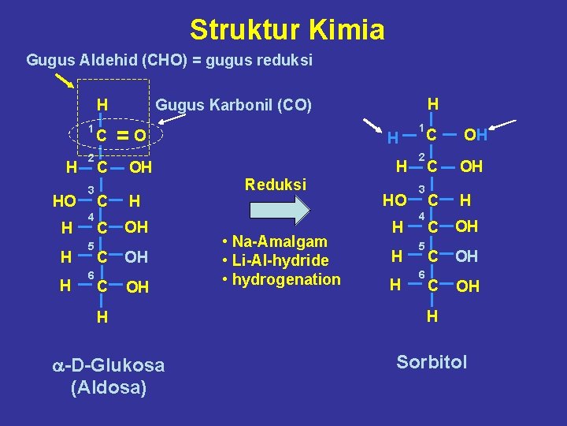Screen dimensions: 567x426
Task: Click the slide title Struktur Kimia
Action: coord(287,30)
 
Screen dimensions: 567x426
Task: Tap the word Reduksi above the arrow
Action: coord(275,184)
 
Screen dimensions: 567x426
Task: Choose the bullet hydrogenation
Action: coord(285,279)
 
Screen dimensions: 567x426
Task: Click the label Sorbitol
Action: coord(432,362)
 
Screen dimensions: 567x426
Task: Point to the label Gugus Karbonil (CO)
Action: coord(234,105)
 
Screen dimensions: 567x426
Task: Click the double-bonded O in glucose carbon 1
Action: coord(139,136)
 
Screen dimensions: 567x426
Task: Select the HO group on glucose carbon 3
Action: coord(64,202)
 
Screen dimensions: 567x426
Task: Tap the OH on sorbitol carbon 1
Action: coord(476,136)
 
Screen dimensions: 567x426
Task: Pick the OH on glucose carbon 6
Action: coord(137,287)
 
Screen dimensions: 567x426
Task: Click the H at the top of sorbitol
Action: coord(432,104)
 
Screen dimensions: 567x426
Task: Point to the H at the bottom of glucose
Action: coord(102,317)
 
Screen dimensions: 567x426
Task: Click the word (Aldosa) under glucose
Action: coord(108,388)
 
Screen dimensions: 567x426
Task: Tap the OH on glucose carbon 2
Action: coord(140,167)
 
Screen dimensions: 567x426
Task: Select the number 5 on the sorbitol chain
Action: coord(421,246)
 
